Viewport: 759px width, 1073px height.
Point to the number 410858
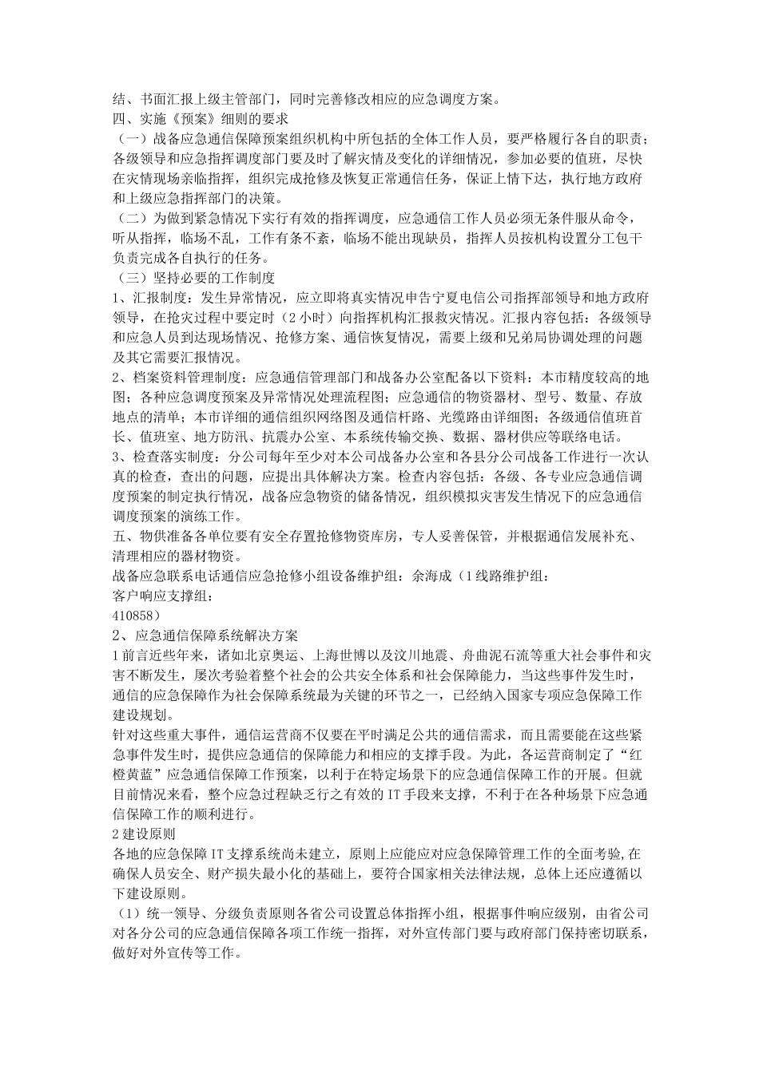point(135,616)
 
